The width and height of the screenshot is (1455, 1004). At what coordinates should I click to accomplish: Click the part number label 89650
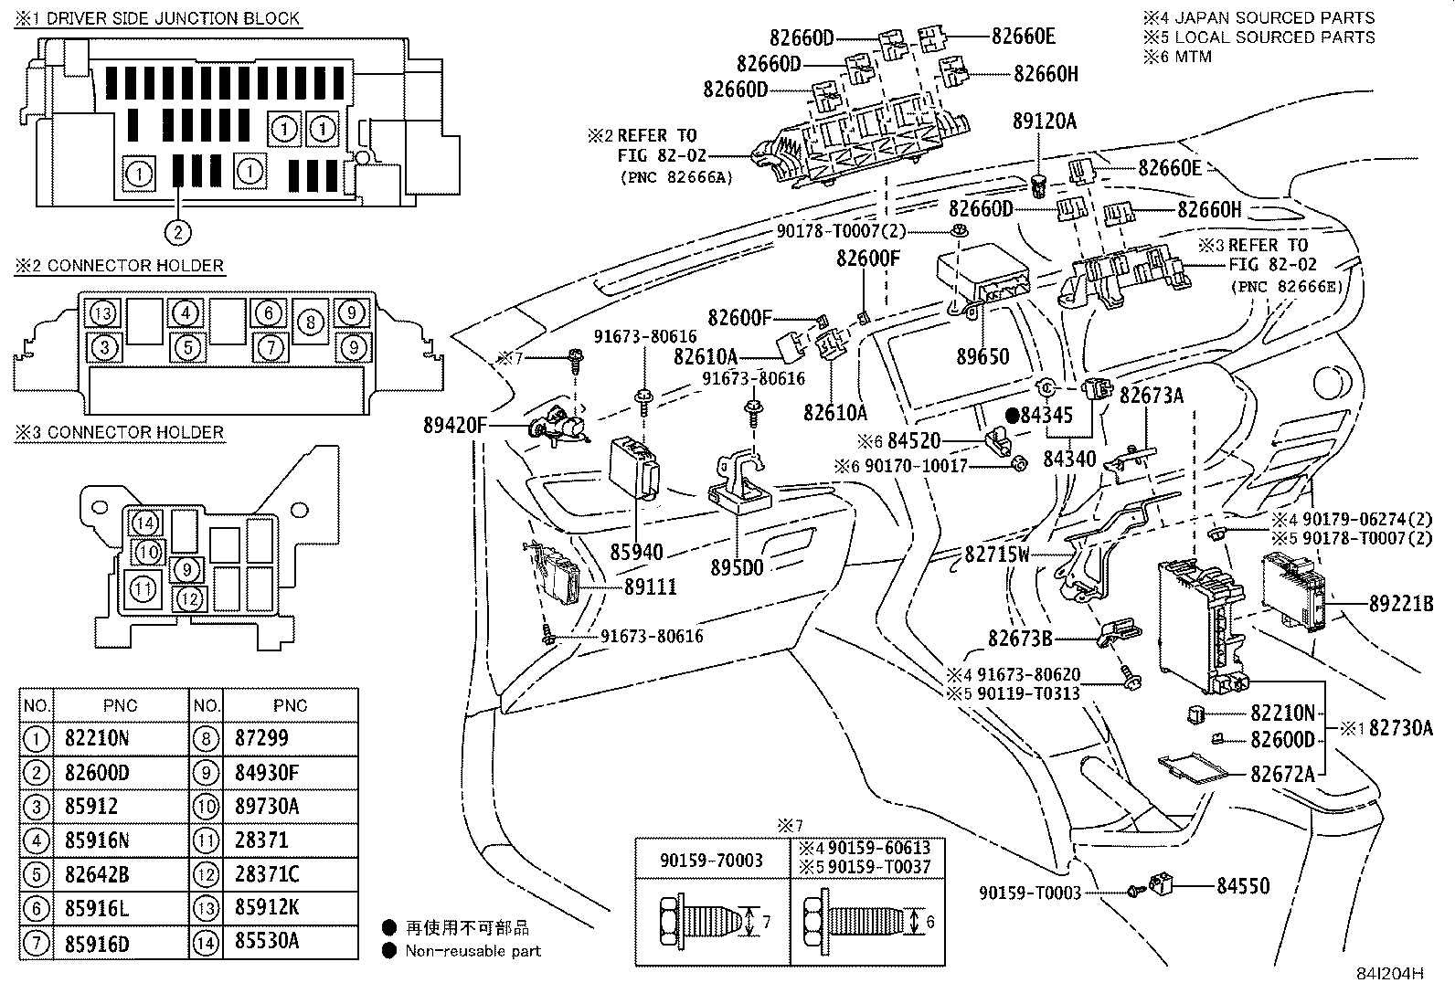[x=982, y=357]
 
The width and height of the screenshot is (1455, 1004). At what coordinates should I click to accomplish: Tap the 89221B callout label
[x=1400, y=603]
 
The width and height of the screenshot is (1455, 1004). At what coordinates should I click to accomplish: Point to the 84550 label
[x=1242, y=885]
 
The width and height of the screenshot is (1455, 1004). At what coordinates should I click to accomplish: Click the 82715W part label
[x=997, y=555]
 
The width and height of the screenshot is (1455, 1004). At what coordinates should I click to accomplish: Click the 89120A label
[x=1044, y=121]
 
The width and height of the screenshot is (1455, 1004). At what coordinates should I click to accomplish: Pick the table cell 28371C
[x=266, y=874]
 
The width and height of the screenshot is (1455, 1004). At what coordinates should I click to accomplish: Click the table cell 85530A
[x=266, y=942]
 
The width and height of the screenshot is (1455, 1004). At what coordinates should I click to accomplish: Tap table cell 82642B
[x=97, y=874]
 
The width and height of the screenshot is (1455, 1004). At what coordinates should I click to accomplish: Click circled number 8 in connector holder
[x=312, y=322]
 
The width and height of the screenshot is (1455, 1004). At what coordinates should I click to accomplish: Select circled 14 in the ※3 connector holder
[x=144, y=523]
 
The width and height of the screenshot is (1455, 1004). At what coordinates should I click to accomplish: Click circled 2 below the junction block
[x=178, y=232]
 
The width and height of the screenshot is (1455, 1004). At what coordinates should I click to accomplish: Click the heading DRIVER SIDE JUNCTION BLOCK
[x=173, y=18]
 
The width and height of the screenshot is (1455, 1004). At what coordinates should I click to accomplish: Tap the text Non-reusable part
[x=473, y=951]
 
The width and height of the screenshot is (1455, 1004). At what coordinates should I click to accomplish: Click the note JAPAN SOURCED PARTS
[x=1273, y=17]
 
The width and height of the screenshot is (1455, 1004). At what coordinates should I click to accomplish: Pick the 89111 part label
[x=651, y=587]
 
